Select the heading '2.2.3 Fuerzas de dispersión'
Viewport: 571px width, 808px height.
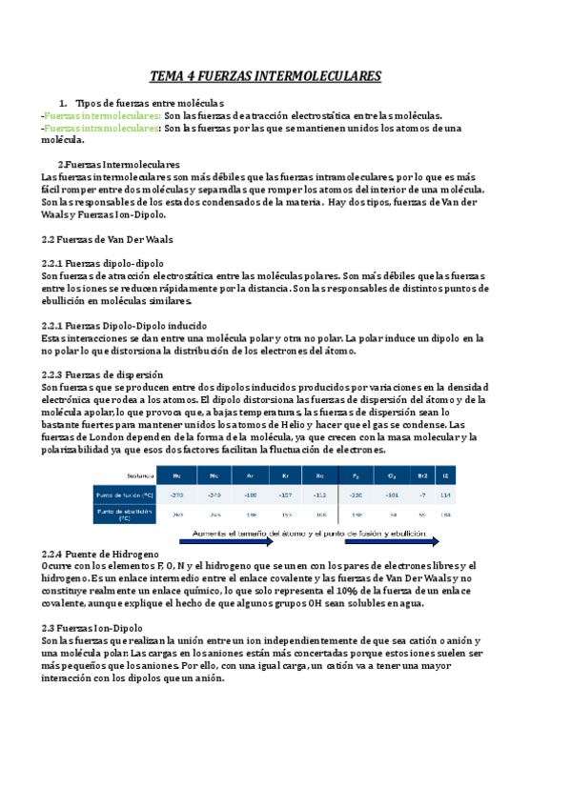(x=103, y=374)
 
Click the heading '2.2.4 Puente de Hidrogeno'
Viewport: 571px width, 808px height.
(x=101, y=554)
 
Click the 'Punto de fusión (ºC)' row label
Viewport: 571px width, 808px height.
(x=125, y=495)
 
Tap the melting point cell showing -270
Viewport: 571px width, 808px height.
(x=176, y=495)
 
